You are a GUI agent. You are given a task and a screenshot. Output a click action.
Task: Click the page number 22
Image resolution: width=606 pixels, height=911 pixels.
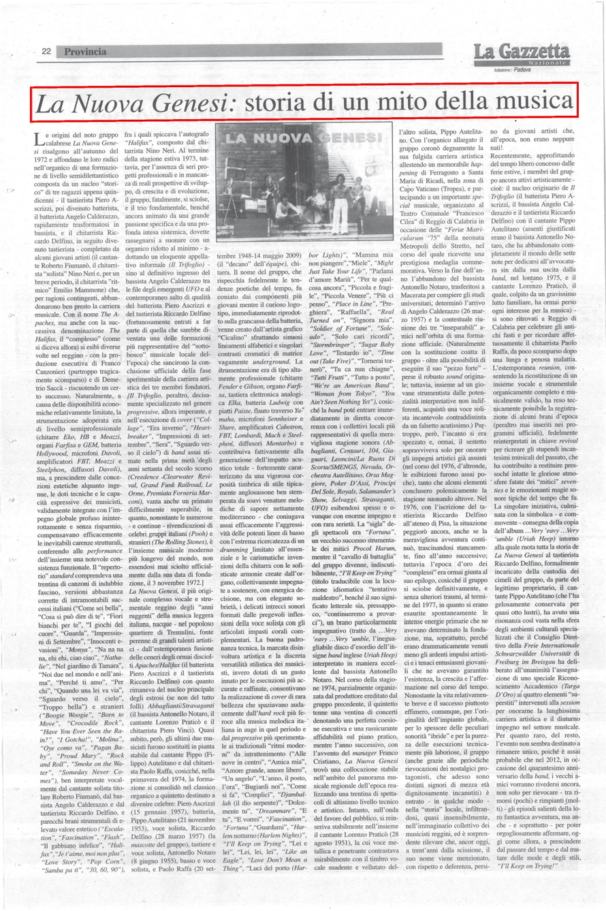47,52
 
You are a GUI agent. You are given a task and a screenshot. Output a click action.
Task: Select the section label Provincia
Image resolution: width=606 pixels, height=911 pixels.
85,52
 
